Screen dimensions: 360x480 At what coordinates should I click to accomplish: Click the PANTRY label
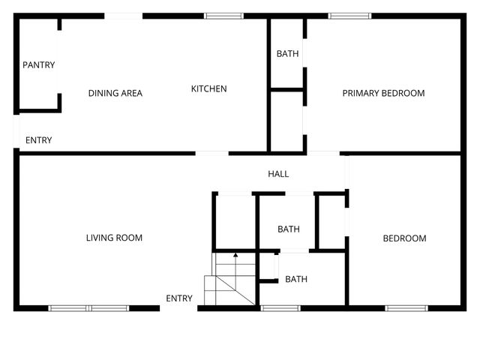(x=38, y=65)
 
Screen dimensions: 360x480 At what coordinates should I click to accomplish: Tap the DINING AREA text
(x=115, y=94)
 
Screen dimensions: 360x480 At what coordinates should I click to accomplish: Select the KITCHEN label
(x=208, y=89)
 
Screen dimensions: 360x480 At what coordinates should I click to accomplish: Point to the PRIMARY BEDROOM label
(x=383, y=94)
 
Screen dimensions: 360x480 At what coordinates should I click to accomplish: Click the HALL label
(x=278, y=174)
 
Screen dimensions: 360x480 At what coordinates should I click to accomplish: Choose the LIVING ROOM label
(x=114, y=238)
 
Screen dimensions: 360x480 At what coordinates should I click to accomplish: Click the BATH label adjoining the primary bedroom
(x=287, y=54)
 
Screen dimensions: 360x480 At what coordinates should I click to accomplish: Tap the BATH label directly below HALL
(x=289, y=229)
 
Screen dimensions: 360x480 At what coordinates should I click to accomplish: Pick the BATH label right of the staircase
(x=295, y=280)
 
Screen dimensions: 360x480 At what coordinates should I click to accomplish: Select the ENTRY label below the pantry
(x=38, y=140)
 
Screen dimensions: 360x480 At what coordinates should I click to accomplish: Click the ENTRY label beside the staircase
(x=179, y=298)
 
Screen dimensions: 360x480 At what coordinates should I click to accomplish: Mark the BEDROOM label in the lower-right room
(x=404, y=238)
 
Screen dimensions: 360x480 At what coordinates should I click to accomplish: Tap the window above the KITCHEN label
(x=223, y=15)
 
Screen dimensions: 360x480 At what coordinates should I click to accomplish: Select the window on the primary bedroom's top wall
(x=349, y=15)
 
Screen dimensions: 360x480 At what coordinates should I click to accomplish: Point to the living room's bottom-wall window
(x=88, y=307)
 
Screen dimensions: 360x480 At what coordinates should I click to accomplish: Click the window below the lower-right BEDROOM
(x=406, y=307)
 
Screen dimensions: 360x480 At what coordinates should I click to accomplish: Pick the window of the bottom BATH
(x=280, y=307)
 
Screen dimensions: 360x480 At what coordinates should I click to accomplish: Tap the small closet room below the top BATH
(x=286, y=120)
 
